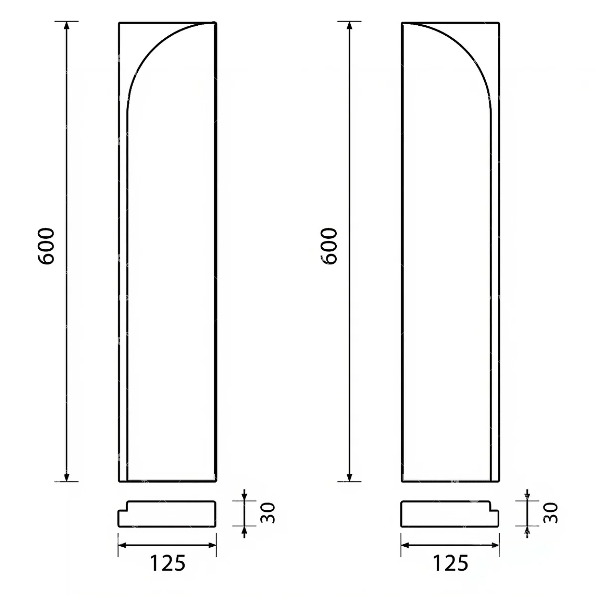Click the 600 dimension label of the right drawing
click(329, 246)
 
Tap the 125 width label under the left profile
click(168, 563)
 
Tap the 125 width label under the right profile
click(451, 563)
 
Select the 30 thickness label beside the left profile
click(267, 513)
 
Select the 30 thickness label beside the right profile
click(550, 513)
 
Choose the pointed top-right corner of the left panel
click(214, 23)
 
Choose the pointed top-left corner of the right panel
click(403, 23)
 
